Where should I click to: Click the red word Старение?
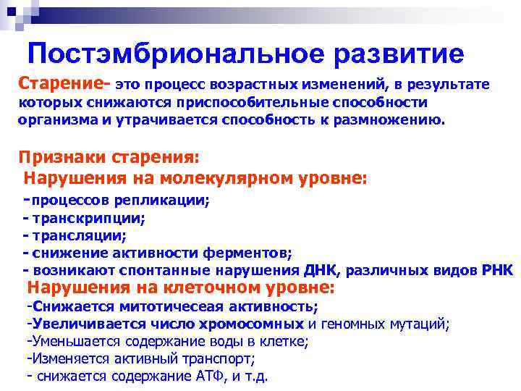[61, 84]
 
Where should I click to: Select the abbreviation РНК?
[497, 271]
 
